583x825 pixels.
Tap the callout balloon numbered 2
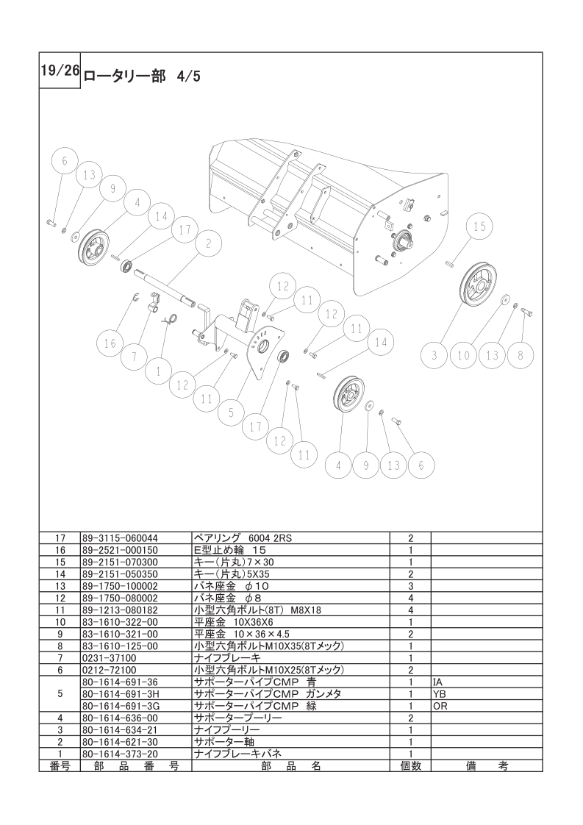208,243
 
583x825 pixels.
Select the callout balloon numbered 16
110,343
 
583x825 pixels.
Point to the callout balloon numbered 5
231,413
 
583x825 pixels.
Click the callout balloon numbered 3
434,355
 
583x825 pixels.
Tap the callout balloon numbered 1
158,371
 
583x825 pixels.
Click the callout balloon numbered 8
520,355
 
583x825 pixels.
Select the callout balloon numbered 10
463,355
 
